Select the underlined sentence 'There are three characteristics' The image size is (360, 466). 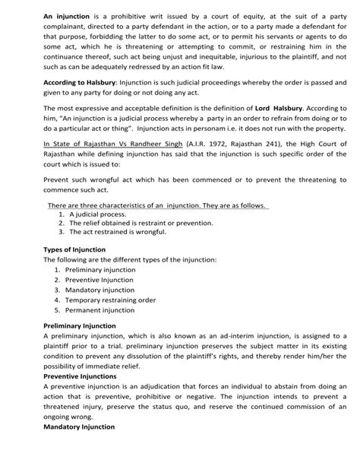[x=158, y=204]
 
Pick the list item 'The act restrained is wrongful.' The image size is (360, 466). [x=117, y=232]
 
